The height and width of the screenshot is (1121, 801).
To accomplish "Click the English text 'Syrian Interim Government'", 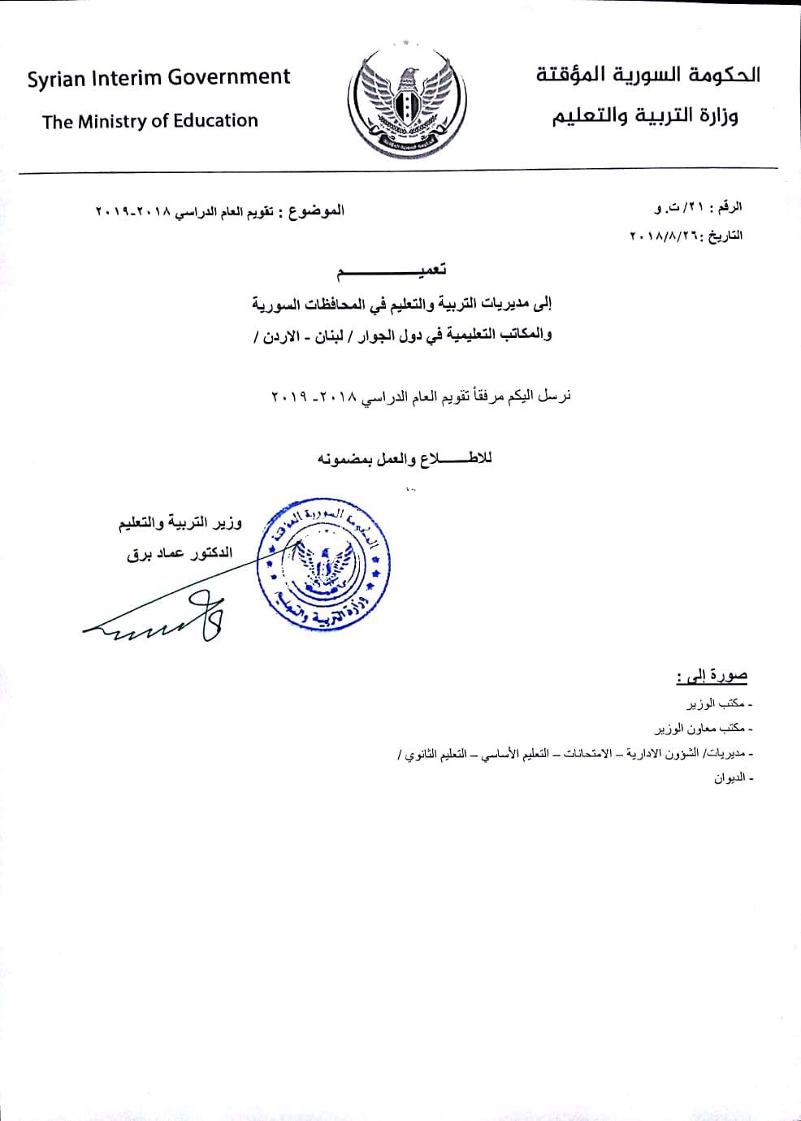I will [158, 79].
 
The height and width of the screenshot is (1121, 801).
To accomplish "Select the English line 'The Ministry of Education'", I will [149, 122].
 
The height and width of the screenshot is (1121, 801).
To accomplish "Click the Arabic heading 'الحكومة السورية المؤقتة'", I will [647, 76].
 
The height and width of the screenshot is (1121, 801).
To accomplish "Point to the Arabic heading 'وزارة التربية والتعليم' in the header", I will [646, 116].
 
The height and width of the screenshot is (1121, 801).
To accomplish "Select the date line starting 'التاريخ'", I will [686, 236].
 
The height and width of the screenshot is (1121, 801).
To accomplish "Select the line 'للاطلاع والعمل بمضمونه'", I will [404, 459].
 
